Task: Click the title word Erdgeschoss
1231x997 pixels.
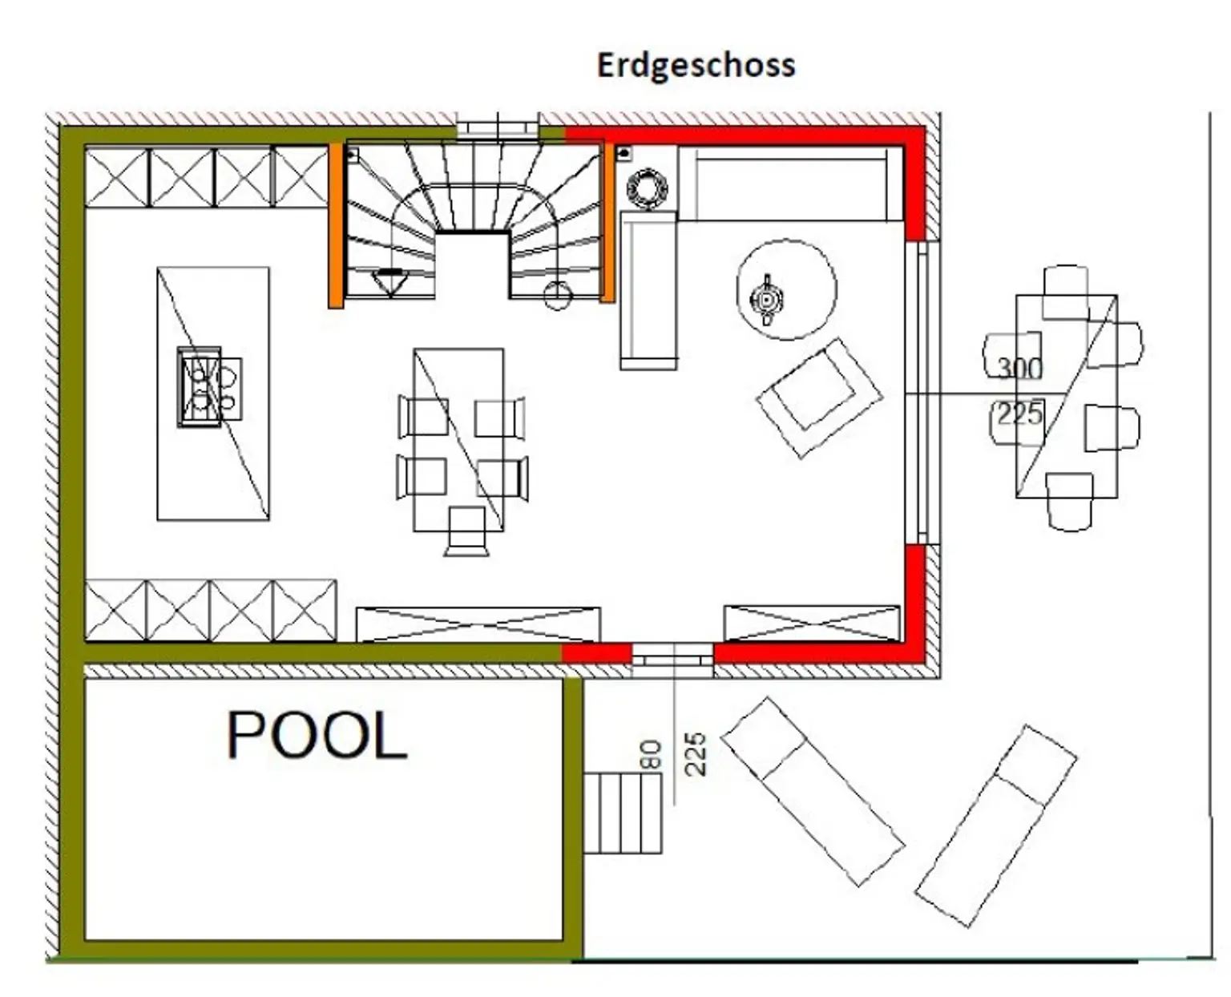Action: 696,65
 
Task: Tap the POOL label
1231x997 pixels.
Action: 317,735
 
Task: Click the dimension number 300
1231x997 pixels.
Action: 1019,368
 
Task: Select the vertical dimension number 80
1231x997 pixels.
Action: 650,755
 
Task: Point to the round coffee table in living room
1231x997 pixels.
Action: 786,289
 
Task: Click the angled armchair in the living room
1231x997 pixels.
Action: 818,397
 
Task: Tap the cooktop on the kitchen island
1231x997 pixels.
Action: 200,388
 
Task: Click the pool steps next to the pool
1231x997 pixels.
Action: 622,813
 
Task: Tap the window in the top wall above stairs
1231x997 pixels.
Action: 497,127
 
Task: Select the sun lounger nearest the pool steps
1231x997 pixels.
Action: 813,790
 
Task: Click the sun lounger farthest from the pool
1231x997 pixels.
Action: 995,825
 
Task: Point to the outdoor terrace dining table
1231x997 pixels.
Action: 1066,397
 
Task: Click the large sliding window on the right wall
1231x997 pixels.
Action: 921,392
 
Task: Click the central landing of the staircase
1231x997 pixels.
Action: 473,264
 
